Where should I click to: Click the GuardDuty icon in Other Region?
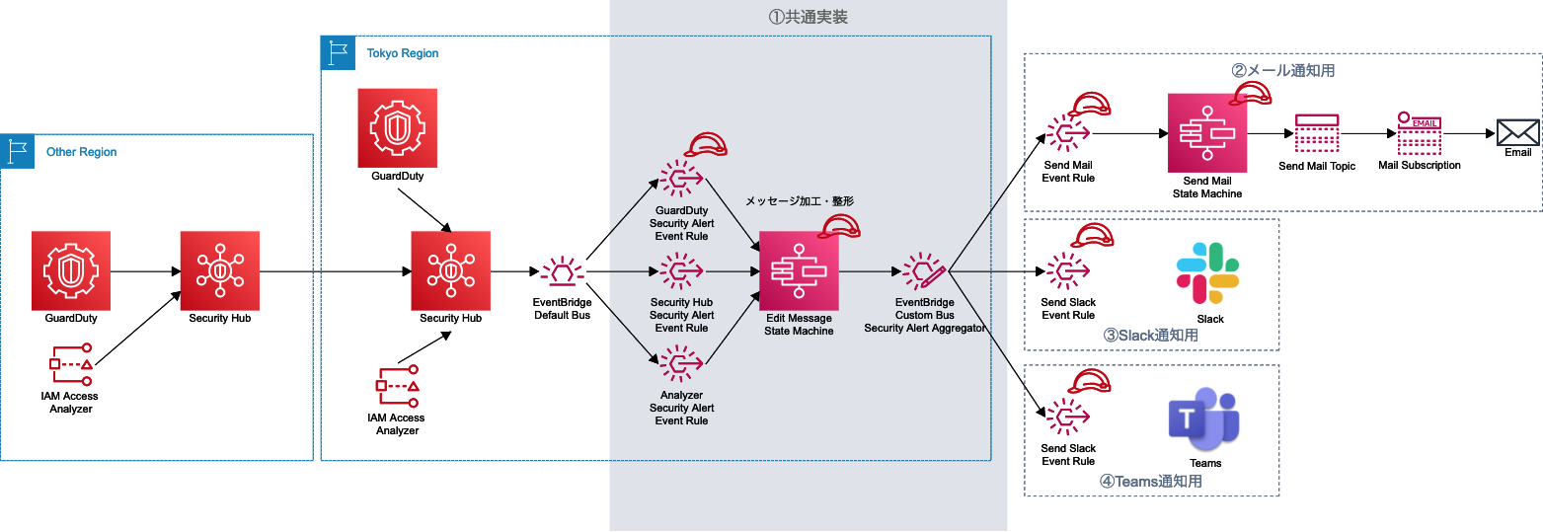click(x=71, y=270)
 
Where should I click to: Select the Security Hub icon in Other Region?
click(x=220, y=270)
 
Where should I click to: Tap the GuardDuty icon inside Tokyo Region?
click(x=398, y=128)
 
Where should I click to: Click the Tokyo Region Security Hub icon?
click(x=450, y=270)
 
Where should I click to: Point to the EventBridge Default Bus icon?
click(x=563, y=271)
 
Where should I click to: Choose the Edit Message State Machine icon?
click(x=799, y=270)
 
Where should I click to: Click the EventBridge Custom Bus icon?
click(x=924, y=270)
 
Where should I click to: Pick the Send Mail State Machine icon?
click(x=1207, y=133)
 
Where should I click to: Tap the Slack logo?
click(x=1207, y=272)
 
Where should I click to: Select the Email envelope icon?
click(x=1518, y=133)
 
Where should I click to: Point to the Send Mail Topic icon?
click(x=1317, y=133)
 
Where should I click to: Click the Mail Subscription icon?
click(x=1419, y=133)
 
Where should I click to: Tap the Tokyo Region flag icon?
click(x=339, y=53)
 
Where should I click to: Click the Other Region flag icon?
click(x=17, y=152)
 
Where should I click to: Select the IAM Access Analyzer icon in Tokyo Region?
click(x=398, y=387)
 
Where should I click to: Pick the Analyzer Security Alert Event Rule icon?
click(x=681, y=364)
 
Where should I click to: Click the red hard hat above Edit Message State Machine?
click(x=839, y=226)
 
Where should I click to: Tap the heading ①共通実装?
click(x=808, y=17)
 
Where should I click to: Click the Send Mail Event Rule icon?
click(x=1068, y=133)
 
